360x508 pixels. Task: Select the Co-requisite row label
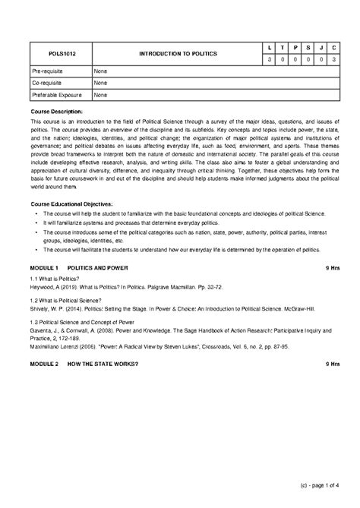pos(46,83)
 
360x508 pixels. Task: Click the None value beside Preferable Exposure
pos(100,95)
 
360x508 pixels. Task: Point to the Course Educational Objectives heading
pos(71,204)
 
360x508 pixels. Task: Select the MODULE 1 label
pos(44,268)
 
